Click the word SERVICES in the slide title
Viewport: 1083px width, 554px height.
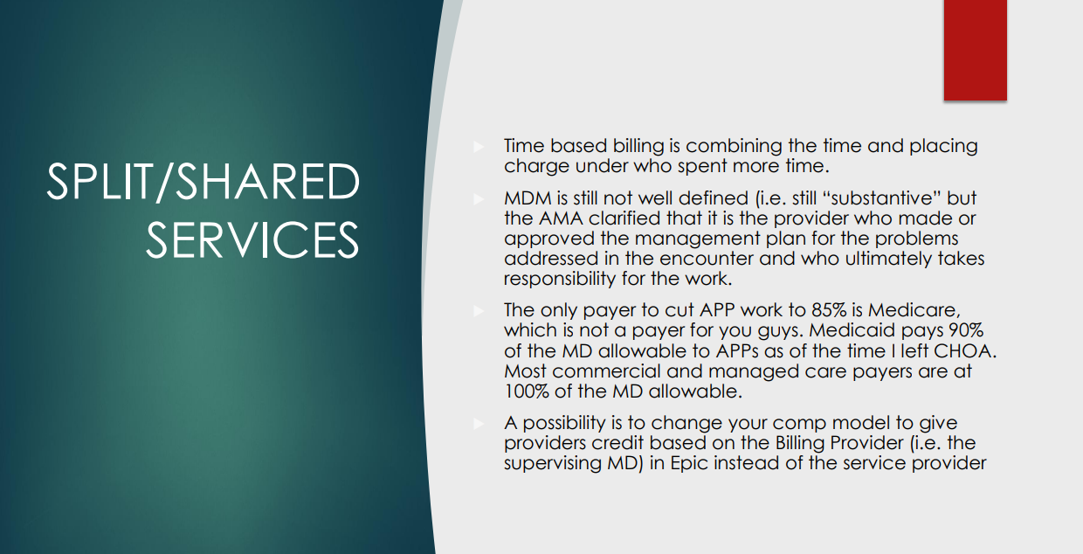pos(252,240)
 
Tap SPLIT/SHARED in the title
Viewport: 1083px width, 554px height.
pos(203,182)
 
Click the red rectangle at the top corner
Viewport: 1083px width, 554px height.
pos(976,50)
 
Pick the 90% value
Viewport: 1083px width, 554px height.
pos(966,330)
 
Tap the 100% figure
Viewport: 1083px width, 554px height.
pos(526,391)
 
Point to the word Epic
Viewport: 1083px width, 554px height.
pos(688,463)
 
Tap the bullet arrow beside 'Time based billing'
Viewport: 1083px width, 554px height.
pos(479,147)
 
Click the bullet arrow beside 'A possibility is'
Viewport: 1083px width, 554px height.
pos(479,423)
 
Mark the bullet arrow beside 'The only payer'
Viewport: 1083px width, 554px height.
pos(479,310)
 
